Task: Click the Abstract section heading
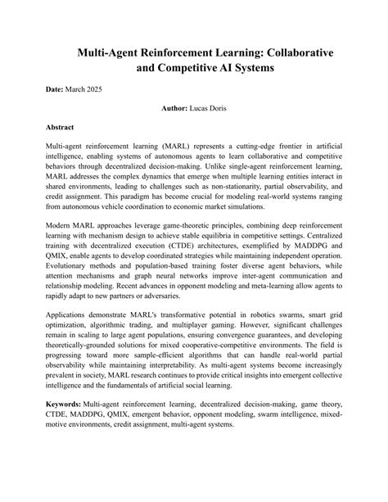tap(62, 128)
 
